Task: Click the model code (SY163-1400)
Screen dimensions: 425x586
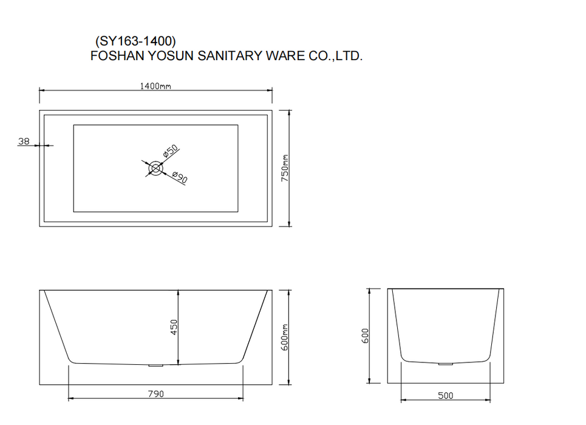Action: [135, 41]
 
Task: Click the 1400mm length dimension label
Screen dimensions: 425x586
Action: [155, 86]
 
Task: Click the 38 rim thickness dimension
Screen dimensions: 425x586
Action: [24, 141]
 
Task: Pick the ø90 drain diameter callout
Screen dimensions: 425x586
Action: [179, 178]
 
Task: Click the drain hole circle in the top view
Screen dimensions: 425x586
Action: [156, 168]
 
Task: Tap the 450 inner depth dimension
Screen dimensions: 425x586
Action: [174, 327]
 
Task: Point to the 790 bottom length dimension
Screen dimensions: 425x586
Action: [155, 394]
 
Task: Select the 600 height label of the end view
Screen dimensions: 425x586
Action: [365, 336]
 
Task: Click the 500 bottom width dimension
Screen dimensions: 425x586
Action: [446, 396]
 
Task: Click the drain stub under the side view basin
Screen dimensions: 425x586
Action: [156, 365]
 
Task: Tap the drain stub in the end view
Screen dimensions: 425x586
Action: [446, 364]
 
